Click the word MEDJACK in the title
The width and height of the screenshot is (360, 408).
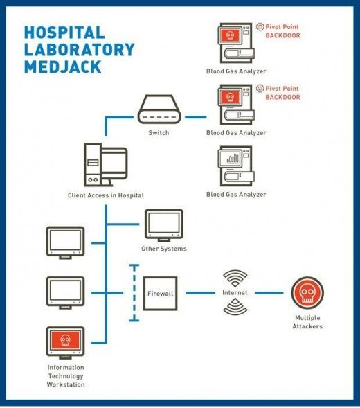[x=62, y=66]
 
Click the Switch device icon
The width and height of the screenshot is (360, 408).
[x=159, y=109]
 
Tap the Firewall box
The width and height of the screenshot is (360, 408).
[x=160, y=294]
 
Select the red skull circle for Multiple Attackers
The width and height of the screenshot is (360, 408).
[x=307, y=293]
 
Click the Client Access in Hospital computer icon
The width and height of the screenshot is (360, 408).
[x=106, y=165]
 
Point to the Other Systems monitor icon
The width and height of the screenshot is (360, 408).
[x=164, y=225]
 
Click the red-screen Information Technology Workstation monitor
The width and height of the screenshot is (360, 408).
[x=65, y=343]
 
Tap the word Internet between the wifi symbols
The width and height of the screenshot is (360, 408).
[x=235, y=293]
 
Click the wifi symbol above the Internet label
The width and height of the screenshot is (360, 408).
[x=235, y=278]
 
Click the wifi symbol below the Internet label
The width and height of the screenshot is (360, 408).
[x=235, y=307]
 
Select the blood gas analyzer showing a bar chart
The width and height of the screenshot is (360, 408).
[x=236, y=166]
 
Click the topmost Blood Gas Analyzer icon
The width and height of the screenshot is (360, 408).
[x=236, y=43]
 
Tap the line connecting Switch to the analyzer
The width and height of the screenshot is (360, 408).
[x=196, y=117]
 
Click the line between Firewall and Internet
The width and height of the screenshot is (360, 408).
[x=200, y=293]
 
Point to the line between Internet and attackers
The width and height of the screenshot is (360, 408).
[x=269, y=293]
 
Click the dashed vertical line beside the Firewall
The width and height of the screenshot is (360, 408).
[x=134, y=293]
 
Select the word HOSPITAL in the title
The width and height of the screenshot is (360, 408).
[x=64, y=33]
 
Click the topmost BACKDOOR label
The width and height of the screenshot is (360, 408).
[x=282, y=35]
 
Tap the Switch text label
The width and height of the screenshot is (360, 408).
[x=159, y=133]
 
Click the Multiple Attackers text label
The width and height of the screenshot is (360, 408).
[x=307, y=322]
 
